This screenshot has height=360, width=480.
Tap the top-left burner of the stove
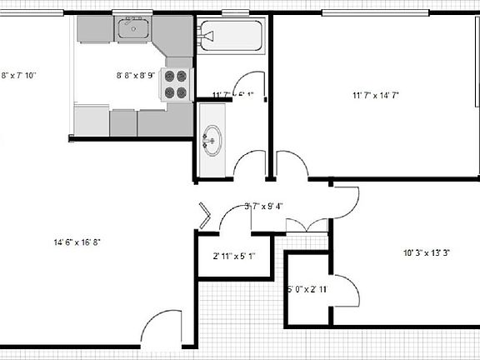pos(170,76)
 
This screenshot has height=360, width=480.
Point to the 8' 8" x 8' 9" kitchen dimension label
pos(135,76)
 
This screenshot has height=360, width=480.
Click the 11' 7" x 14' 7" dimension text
pos(376,96)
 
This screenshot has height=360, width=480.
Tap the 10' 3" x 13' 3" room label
pos(426,252)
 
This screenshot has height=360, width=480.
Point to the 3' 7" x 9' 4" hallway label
pos(264,207)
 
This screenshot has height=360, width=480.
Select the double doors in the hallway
pos(307,223)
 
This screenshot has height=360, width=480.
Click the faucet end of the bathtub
pos(206,37)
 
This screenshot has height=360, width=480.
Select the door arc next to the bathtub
pos(247,86)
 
